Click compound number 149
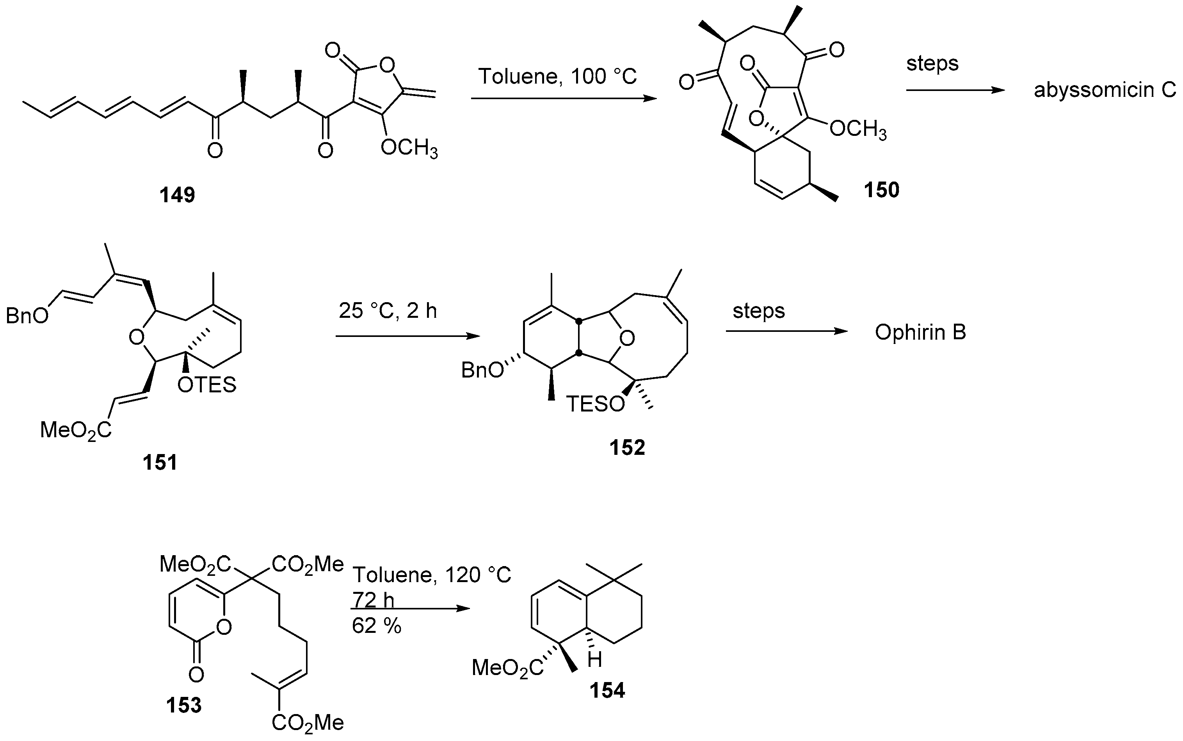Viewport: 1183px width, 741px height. coord(177,196)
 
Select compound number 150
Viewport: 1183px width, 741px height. coord(881,190)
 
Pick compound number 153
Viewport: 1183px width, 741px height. coord(184,705)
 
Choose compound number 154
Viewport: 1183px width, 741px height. coord(607,691)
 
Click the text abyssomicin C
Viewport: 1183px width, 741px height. coord(1105,91)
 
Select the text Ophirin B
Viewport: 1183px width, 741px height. coord(920,333)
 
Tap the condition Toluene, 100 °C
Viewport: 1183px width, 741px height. coord(557,77)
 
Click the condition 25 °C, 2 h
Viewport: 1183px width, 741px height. coord(388,311)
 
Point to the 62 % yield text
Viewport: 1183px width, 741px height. coord(376,626)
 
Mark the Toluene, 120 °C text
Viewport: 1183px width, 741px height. coord(432,575)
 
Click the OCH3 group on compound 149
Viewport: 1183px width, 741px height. coord(409,147)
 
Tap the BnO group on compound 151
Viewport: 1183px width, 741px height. coord(27,316)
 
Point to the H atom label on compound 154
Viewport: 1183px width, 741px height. coord(595,660)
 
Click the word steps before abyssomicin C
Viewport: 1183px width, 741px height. coord(932,64)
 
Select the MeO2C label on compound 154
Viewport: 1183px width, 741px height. coord(507,668)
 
